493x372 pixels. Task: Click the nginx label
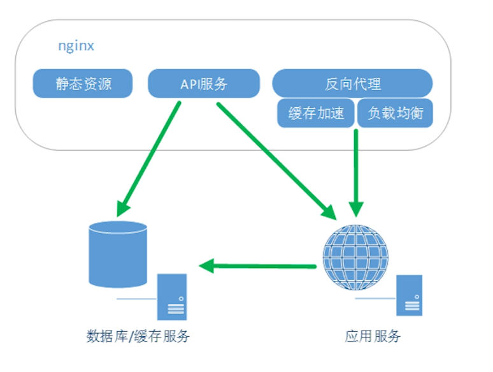pos(76,47)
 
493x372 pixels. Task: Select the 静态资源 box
pos(83,84)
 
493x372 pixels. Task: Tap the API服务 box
pos(203,84)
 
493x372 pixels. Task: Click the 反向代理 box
pos(352,84)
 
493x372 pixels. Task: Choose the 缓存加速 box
pos(316,113)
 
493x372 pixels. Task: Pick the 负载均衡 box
pos(394,113)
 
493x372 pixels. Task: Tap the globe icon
pos(355,257)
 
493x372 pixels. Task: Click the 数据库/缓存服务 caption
pos(138,336)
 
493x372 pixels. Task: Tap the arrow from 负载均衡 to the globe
pos(356,169)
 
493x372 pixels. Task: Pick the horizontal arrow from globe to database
pos(261,265)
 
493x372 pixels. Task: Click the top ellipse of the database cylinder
pos(118,228)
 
